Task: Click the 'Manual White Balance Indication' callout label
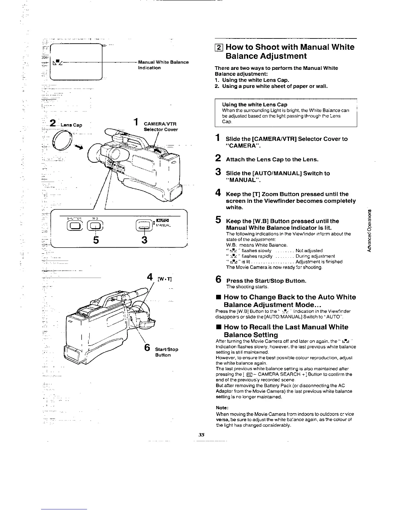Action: pos(163,65)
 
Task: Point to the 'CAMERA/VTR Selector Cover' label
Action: pos(161,126)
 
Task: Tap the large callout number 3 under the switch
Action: pos(144,240)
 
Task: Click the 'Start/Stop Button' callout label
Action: pos(166,352)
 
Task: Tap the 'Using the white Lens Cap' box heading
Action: pos(255,104)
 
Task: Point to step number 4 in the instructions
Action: pos(218,194)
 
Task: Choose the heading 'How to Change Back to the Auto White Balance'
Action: pos(289,301)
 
